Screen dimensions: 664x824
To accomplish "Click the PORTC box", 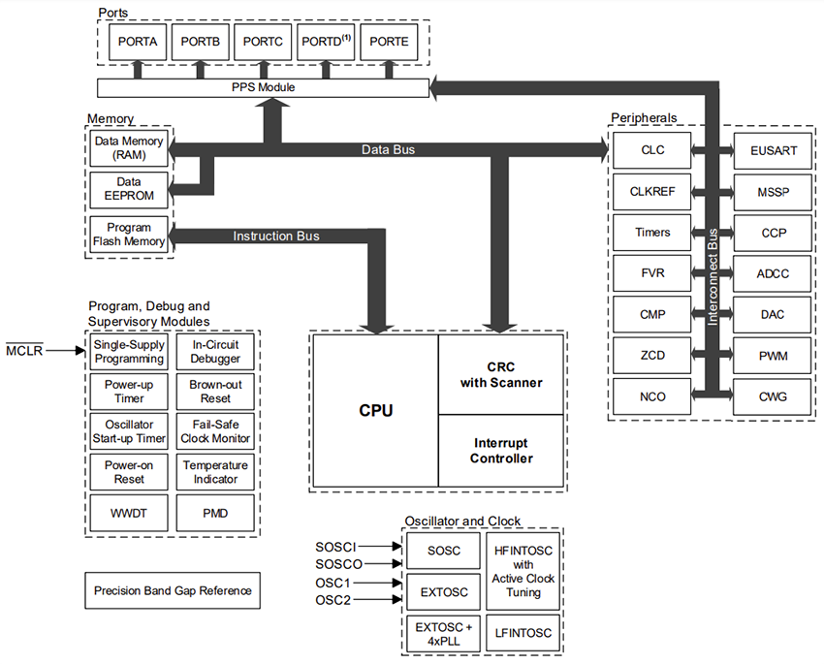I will point(263,43).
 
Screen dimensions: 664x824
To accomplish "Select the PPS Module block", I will point(263,87).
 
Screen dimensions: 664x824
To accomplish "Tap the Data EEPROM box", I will point(128,189).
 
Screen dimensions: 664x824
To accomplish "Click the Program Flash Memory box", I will point(128,235).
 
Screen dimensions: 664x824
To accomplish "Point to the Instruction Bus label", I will point(275,236).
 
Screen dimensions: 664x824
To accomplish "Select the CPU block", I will point(375,410).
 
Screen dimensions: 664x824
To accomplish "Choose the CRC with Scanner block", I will point(500,374).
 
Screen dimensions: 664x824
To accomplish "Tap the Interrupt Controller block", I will point(500,451).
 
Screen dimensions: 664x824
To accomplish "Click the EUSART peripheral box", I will point(774,150).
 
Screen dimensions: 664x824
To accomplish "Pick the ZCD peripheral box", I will point(652,356).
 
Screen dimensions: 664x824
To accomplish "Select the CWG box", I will point(774,396).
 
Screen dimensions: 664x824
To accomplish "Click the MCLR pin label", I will point(23,350).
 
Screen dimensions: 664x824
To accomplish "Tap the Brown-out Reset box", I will point(215,392).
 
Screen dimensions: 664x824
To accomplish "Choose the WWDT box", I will point(128,511).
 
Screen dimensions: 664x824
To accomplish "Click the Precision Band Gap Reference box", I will point(172,590).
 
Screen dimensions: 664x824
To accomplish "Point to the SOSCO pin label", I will point(338,563).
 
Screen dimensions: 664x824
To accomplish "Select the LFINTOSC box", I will point(524,633).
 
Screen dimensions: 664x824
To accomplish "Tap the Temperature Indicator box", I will point(215,471).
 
